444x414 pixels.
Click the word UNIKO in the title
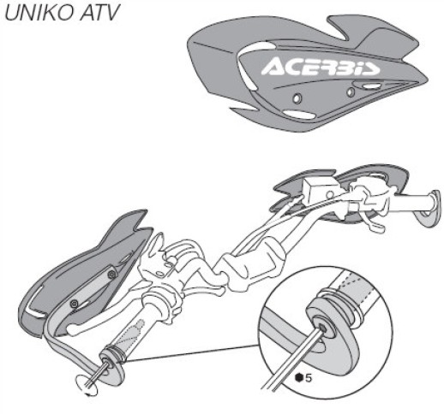coord(39,13)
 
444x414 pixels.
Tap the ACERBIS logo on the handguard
coord(321,68)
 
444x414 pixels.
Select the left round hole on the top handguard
coord(297,98)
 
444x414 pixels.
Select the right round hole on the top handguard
coord(351,92)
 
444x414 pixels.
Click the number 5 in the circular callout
coord(309,378)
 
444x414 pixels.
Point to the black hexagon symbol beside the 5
coord(299,378)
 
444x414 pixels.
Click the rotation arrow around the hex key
coord(86,387)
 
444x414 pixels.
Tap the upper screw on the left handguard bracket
coord(111,275)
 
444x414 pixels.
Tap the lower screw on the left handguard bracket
coord(75,304)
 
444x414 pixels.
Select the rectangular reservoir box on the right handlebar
coord(320,190)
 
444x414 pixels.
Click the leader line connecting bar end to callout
coord(191,354)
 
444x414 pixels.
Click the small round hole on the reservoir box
coord(330,195)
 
